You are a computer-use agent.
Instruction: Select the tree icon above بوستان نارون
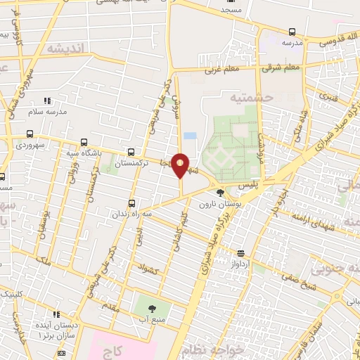coord(221,191)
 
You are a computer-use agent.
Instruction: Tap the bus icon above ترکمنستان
coord(131,151)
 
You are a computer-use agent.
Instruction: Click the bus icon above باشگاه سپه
coord(84,141)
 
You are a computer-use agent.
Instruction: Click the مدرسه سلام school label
coord(47,112)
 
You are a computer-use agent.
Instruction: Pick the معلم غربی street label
coord(222,70)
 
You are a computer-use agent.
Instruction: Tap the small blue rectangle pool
coord(189,136)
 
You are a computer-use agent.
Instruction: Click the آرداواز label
coord(241,263)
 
